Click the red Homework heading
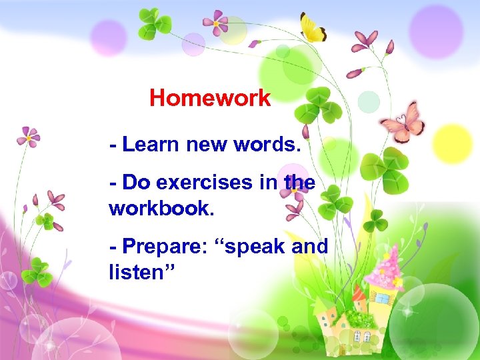point(210,99)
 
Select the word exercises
point(206,181)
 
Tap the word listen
point(137,272)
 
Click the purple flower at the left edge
point(28,136)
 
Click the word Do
point(136,181)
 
